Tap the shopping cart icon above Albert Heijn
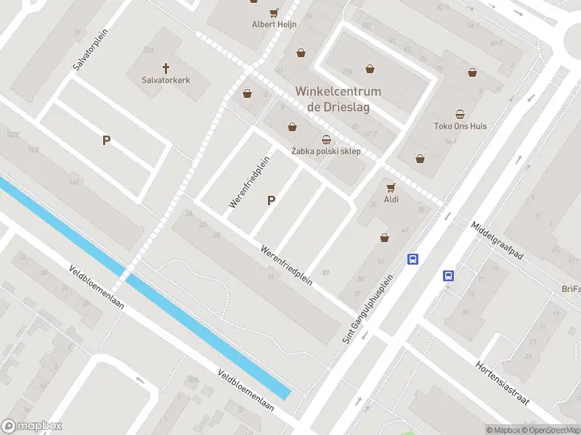[x=274, y=12]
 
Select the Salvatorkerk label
[x=166, y=80]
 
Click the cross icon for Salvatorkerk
[x=166, y=68]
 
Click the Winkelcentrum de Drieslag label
[x=338, y=99]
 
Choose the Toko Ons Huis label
[x=460, y=125]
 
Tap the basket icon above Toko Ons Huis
[x=460, y=113]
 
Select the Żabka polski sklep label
[x=326, y=151]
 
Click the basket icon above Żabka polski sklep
[x=327, y=139]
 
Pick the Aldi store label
[x=392, y=198]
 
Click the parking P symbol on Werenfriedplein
[x=272, y=200]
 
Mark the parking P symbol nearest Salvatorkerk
[x=106, y=141]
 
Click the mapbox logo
[x=32, y=426]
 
